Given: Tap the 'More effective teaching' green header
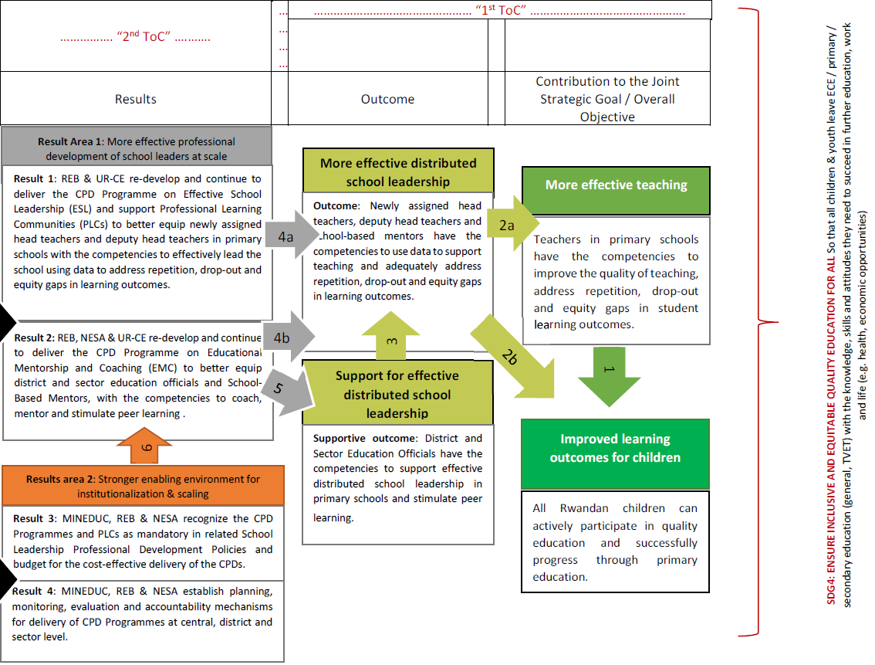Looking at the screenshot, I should pos(616,185).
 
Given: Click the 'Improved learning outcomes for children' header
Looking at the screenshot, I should pos(615,448).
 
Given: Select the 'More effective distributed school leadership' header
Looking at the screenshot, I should pos(398,172).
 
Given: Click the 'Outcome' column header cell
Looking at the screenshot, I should pos(387,99).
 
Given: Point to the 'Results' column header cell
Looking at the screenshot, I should pos(136,99).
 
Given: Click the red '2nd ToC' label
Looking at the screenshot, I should pos(136,38).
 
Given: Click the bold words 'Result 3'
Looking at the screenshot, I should pos(34,518).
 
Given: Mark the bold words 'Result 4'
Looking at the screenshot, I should pos(34,591).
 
